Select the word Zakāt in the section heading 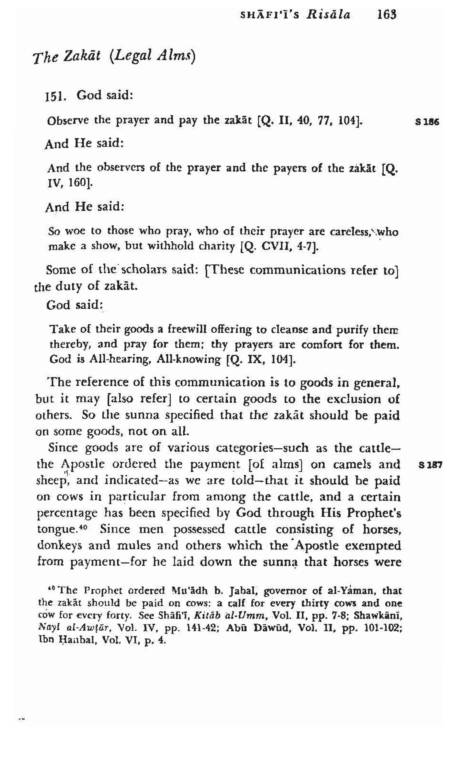click(x=82, y=56)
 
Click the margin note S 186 click(x=427, y=122)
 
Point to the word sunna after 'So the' click(x=143, y=415)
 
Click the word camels click(x=352, y=464)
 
